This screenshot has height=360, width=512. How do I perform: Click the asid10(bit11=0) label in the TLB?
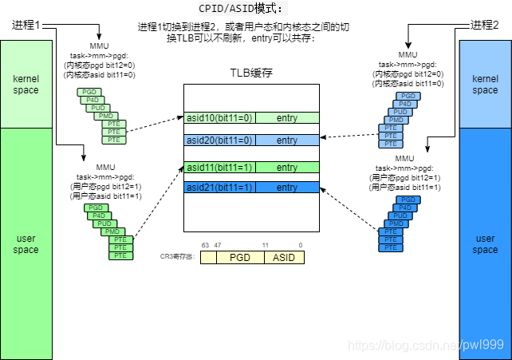coord(220,118)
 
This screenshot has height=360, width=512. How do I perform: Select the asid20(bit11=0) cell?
coord(220,140)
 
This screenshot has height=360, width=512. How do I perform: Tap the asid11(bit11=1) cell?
coord(220,168)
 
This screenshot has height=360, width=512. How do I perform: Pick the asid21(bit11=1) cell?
coord(220,187)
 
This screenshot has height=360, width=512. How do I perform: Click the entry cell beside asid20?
coord(287,140)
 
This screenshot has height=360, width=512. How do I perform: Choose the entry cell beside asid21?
coord(287,187)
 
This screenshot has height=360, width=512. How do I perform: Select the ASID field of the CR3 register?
coord(284,258)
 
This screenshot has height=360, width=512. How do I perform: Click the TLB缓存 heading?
coord(251,73)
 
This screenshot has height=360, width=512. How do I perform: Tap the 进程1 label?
coord(26,26)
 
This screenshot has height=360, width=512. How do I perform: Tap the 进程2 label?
coord(486,26)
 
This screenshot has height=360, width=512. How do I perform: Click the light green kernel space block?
coord(26,85)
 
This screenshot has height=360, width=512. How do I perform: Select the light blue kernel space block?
coord(485,85)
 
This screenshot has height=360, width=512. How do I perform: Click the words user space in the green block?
coord(26,244)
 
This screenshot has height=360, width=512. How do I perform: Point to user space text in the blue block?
coord(485,244)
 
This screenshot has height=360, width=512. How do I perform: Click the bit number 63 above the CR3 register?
coord(205,245)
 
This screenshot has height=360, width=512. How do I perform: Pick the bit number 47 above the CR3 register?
coord(217,245)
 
